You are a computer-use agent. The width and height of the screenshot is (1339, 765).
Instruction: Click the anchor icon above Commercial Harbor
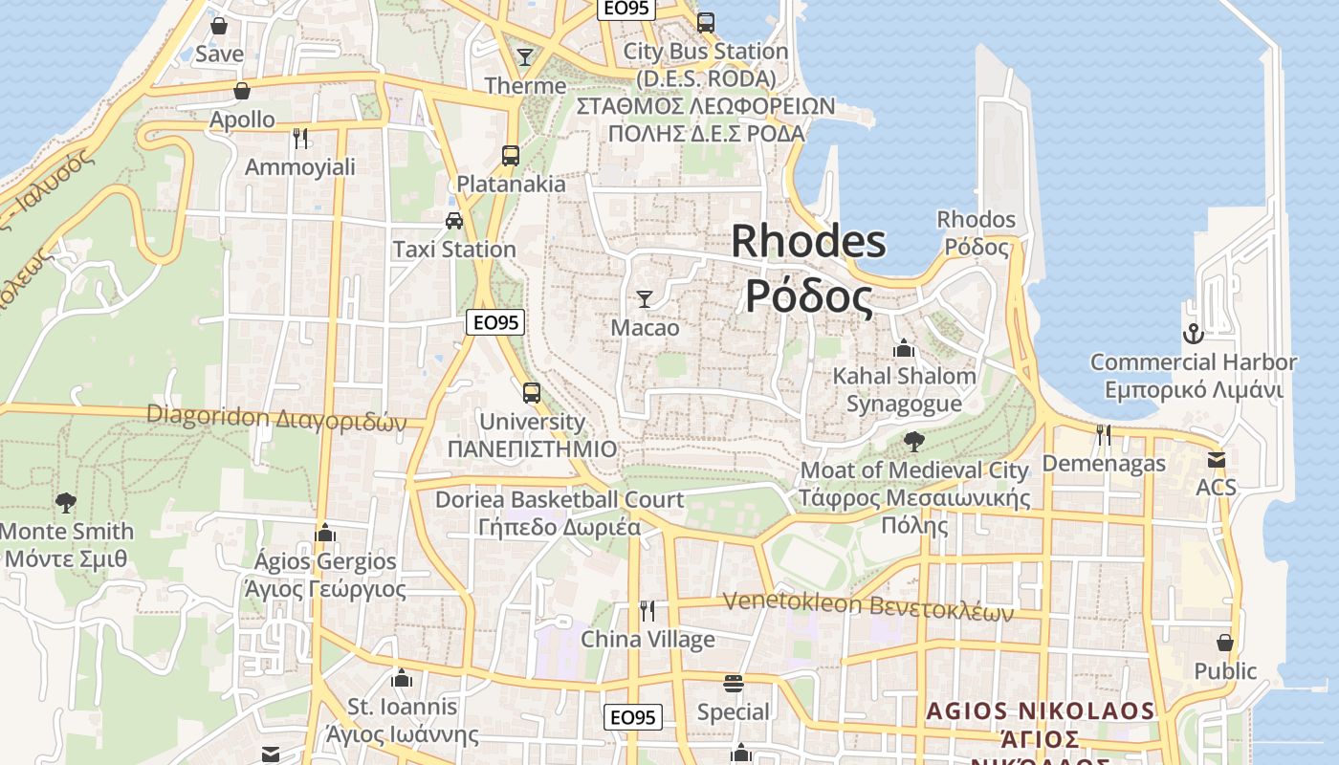pos(1193,334)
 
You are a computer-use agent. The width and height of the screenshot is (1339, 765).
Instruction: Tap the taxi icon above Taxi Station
pos(454,221)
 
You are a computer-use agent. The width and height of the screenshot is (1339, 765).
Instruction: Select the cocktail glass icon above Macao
pos(645,299)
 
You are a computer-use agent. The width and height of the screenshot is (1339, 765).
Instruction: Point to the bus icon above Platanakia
pos(511,155)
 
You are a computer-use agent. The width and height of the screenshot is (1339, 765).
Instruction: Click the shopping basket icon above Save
pos(218,26)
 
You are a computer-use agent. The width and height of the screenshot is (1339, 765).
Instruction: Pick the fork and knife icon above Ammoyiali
pos(300,139)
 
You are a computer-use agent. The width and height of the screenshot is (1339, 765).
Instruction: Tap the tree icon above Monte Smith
pos(66,502)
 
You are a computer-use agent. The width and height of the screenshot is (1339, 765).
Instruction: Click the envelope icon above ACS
pos(1216,460)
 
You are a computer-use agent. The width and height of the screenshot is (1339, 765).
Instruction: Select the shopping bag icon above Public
pos(1225,643)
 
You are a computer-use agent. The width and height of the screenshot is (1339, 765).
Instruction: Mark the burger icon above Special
pos(734,684)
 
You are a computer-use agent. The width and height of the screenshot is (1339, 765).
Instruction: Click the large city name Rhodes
pos(808,241)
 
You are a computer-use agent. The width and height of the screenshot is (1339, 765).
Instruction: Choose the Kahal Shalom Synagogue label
pos(904,389)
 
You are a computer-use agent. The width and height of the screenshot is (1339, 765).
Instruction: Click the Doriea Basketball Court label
pos(560,513)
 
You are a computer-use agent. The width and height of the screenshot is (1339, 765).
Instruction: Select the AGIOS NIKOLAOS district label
pos(1041,711)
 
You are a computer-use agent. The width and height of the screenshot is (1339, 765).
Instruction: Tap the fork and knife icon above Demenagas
pos(1104,435)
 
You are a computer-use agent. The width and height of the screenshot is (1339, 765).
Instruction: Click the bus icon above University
pos(531,393)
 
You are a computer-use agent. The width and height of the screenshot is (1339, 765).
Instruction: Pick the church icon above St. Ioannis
pos(402,678)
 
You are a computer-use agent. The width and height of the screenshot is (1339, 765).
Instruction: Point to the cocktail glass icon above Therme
pos(524,57)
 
